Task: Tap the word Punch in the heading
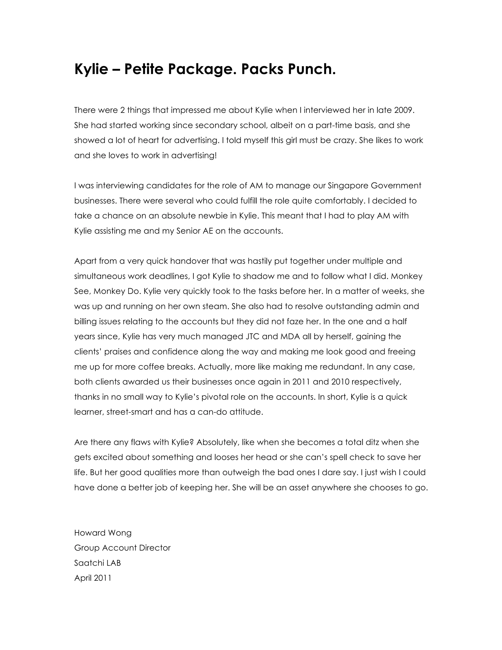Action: click(x=311, y=69)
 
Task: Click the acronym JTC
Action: click(x=253, y=337)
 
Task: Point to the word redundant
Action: click(x=342, y=367)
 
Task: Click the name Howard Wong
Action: click(x=103, y=533)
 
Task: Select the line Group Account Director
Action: click(x=122, y=548)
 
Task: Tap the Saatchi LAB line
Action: click(x=98, y=563)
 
